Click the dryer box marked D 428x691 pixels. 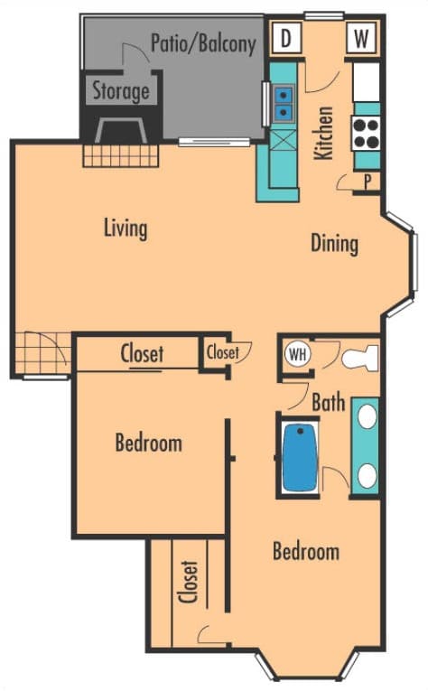coord(286,39)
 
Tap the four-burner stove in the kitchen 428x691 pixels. coord(367,134)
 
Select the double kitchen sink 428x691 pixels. coord(284,102)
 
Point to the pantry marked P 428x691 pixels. coord(368,181)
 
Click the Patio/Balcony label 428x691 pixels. coord(203,42)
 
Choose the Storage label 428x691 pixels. coord(120,91)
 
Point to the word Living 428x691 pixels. coord(125,228)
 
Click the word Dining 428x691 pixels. coord(334,243)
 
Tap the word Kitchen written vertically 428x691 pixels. coord(323,133)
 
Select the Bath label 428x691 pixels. coord(328,402)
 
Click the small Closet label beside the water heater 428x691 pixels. coord(222,351)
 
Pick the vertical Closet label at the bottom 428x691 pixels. coord(190,583)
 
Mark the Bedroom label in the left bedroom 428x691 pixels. coord(148,444)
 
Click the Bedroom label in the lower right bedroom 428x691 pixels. coord(306,552)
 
